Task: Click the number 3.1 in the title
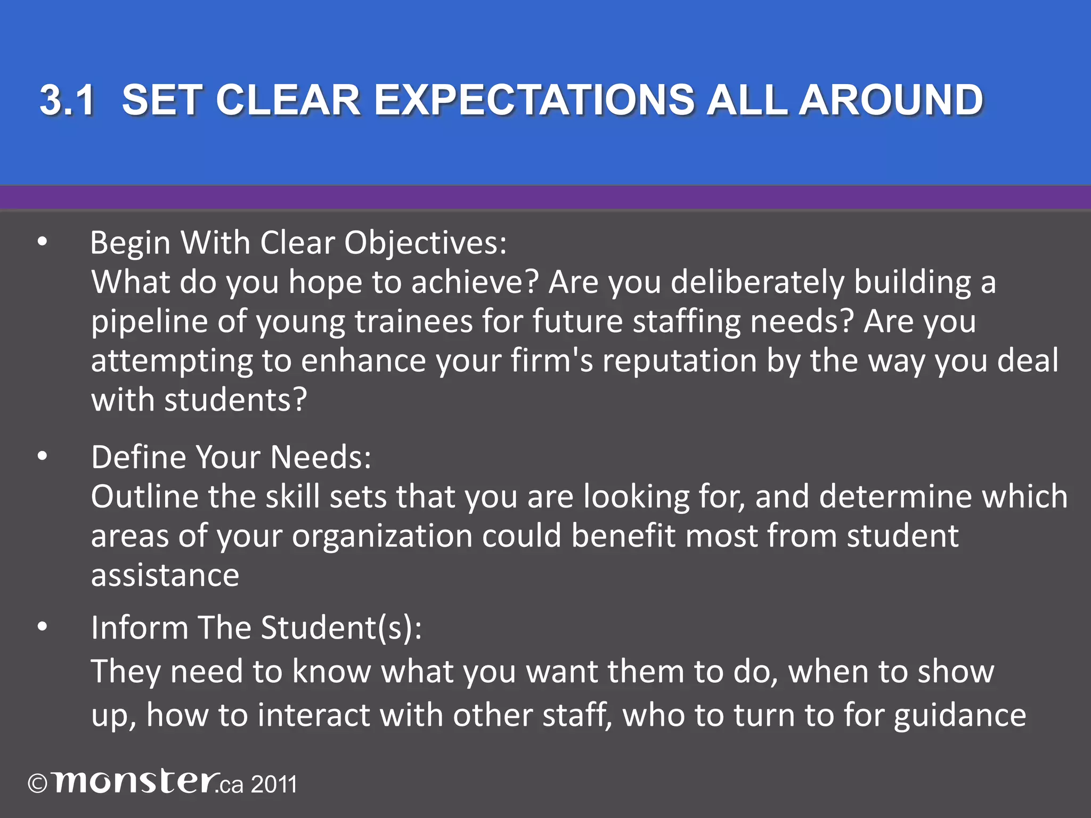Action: point(68,100)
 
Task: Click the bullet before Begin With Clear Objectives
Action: point(43,243)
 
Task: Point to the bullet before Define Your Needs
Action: point(43,457)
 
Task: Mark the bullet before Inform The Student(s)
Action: point(43,627)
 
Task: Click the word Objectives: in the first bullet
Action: point(425,244)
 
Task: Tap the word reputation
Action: point(680,361)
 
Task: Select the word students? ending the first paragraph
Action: point(236,400)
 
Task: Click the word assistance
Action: point(165,576)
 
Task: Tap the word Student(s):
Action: point(341,628)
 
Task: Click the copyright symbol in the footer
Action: point(38,784)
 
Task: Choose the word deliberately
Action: point(757,283)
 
